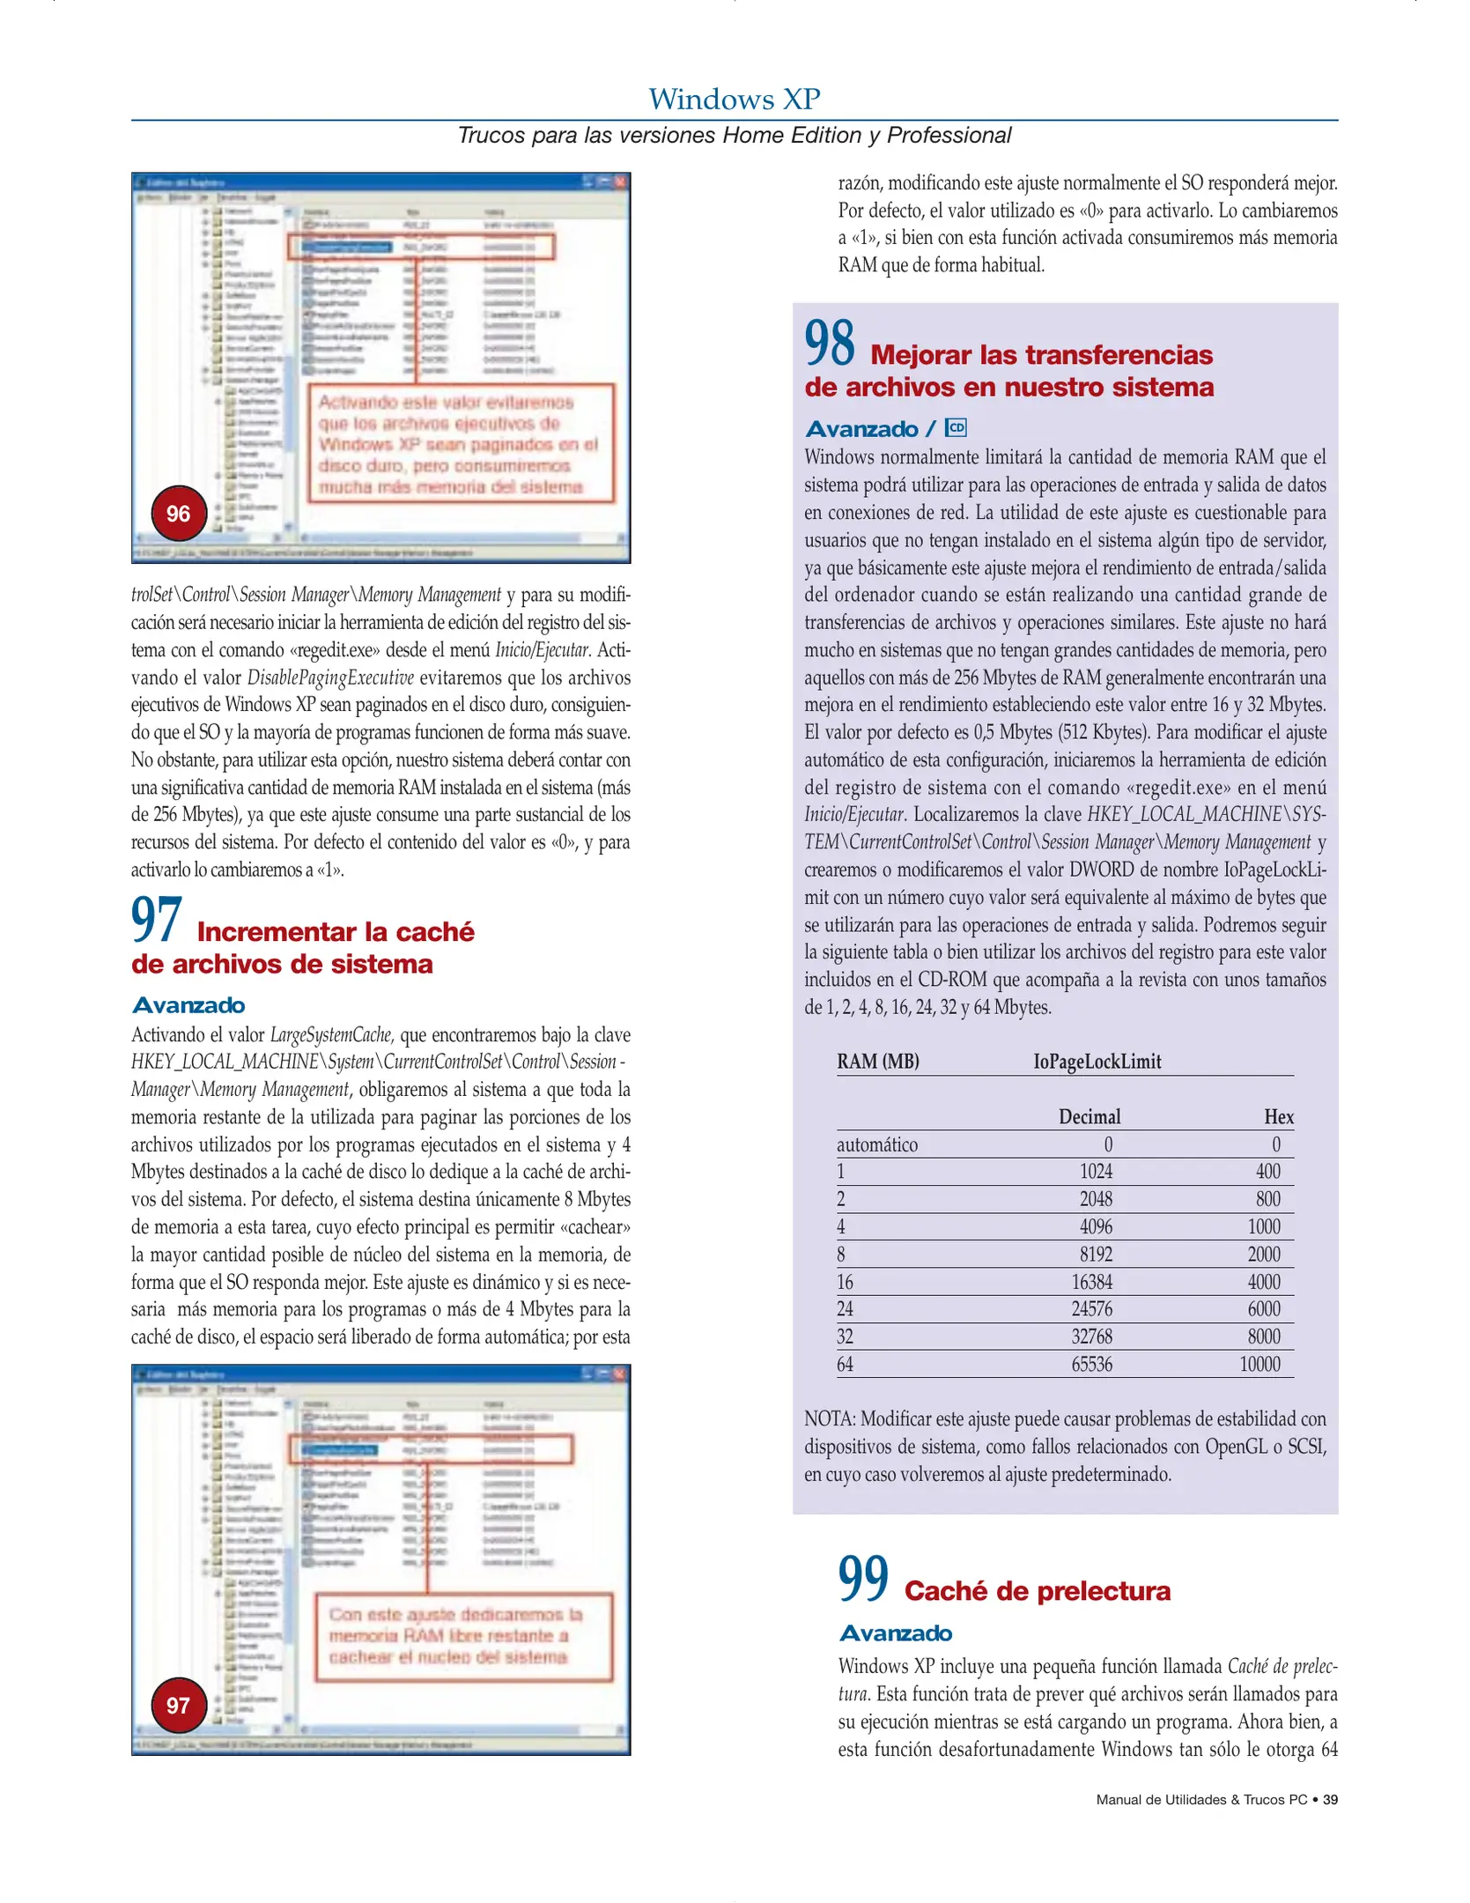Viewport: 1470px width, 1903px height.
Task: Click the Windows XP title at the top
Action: (x=734, y=99)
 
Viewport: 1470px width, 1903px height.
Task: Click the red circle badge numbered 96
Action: (x=179, y=514)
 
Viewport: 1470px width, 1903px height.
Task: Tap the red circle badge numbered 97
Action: (x=179, y=1705)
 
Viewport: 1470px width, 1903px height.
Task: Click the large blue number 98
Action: (x=829, y=344)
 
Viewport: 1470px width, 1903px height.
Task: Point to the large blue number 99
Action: (x=863, y=1579)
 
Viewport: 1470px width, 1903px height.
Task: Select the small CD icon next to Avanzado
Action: (x=956, y=428)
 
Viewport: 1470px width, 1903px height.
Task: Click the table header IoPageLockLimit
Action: (x=1097, y=1062)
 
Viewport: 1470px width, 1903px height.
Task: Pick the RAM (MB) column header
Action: (x=877, y=1062)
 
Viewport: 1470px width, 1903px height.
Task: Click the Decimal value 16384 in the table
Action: (x=1091, y=1282)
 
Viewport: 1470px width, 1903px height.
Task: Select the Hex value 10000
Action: (x=1259, y=1365)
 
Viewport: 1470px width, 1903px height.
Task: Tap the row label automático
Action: (x=876, y=1144)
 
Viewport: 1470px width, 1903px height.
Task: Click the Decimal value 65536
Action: (x=1091, y=1365)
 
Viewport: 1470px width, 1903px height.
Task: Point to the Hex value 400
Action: (x=1267, y=1172)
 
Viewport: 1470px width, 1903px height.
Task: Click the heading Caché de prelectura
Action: (x=1037, y=1591)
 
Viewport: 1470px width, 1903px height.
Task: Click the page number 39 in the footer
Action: (x=1330, y=1800)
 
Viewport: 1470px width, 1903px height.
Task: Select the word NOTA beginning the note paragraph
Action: (x=829, y=1419)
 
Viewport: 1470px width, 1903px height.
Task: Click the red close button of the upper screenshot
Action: (x=620, y=181)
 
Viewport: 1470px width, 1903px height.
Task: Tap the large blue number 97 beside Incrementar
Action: (x=157, y=921)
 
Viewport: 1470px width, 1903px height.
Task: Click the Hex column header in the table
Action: (x=1278, y=1117)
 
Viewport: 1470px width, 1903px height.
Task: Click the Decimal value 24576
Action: (x=1091, y=1309)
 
